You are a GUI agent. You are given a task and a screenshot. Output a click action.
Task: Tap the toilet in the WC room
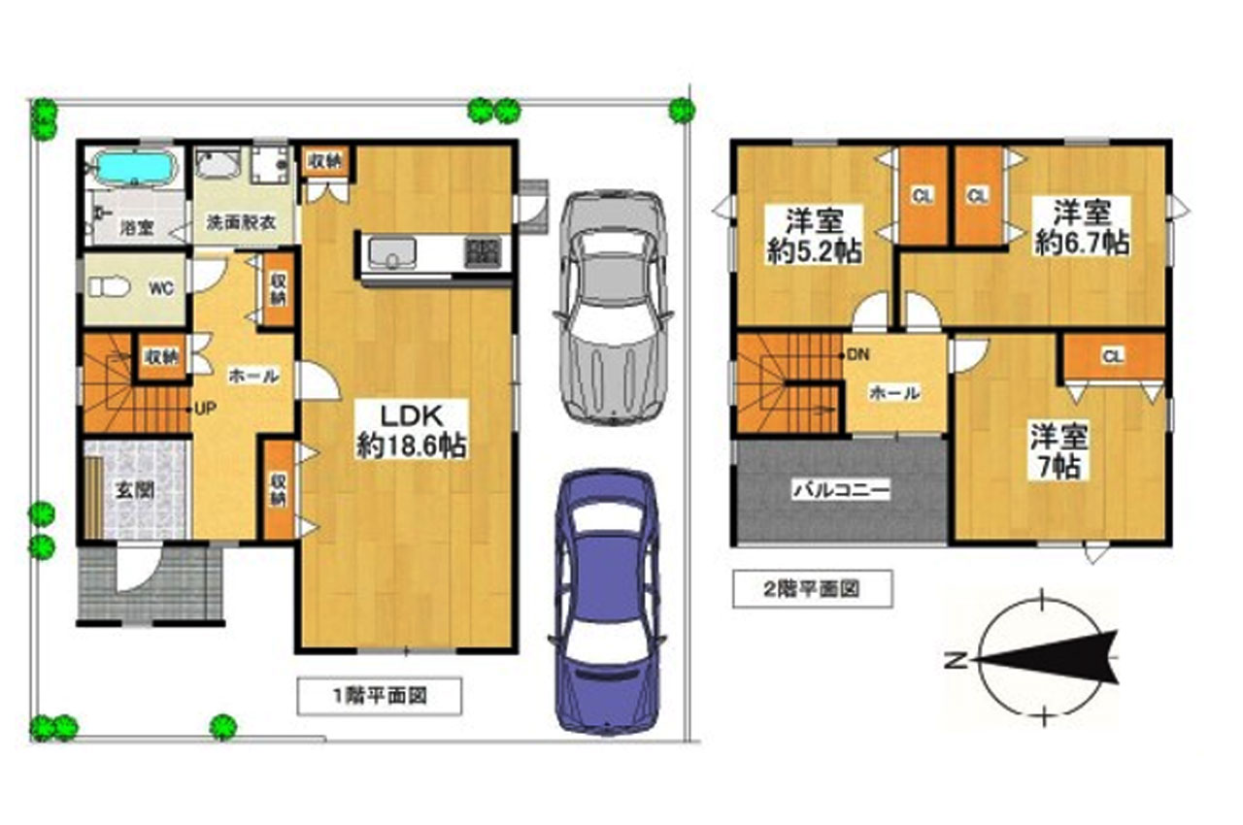110,287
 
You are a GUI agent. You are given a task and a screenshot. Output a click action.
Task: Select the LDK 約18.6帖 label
411,430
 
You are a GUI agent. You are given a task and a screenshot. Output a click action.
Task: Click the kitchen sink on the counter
392,252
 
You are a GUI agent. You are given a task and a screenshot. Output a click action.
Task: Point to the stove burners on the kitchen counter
483,252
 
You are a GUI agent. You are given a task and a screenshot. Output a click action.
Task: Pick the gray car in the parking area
613,309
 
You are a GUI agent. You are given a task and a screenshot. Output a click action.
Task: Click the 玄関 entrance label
134,490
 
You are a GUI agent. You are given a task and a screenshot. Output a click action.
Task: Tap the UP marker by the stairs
205,410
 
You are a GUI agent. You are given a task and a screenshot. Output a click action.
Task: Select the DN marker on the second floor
857,354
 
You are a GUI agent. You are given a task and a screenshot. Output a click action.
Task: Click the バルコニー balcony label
841,490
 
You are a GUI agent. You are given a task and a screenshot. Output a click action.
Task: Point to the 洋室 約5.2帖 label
815,236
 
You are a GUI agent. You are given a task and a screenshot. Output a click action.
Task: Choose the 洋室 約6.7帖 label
1082,227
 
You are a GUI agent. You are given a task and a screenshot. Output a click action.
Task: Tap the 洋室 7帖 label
1058,450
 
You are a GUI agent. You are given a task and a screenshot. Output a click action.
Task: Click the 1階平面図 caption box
380,696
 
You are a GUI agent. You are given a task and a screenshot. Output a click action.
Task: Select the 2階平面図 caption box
813,589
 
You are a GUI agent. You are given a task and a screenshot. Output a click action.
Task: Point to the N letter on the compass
956,660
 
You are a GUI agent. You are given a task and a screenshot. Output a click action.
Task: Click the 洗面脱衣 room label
241,222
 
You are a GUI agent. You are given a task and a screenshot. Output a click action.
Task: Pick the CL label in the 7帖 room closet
1113,356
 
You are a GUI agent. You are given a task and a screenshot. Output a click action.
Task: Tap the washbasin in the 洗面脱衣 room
218,164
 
